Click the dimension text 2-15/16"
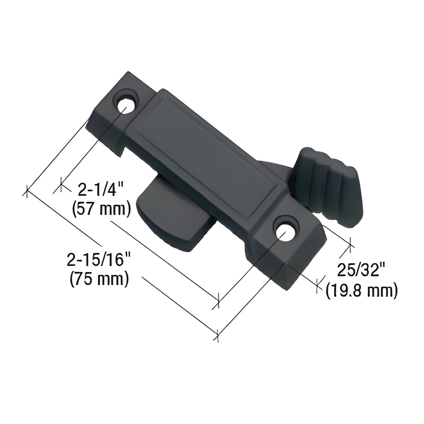(x=97, y=260)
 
